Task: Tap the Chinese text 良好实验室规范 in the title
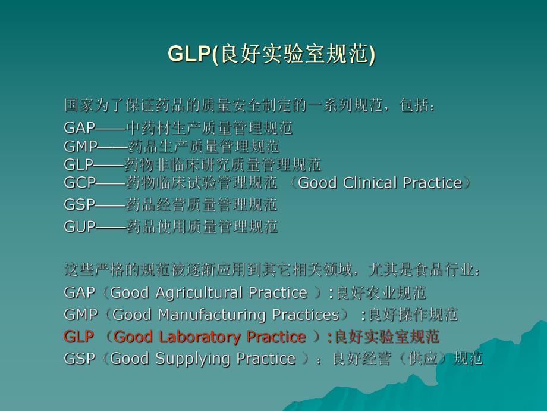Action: pos(294,55)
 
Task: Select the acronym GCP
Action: pos(80,183)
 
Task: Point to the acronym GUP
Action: pos(80,227)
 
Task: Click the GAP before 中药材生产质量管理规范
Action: pos(80,128)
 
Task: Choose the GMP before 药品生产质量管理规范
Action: pos(80,146)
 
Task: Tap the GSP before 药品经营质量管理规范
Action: pos(80,205)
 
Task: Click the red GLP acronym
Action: pos(78,337)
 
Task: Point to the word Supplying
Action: pos(194,359)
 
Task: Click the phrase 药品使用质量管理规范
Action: pos(202,227)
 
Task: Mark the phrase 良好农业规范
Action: pos(381,292)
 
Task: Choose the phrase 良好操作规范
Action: pos(413,315)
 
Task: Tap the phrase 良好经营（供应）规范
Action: pos(407,359)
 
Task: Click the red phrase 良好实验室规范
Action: pos(386,337)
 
